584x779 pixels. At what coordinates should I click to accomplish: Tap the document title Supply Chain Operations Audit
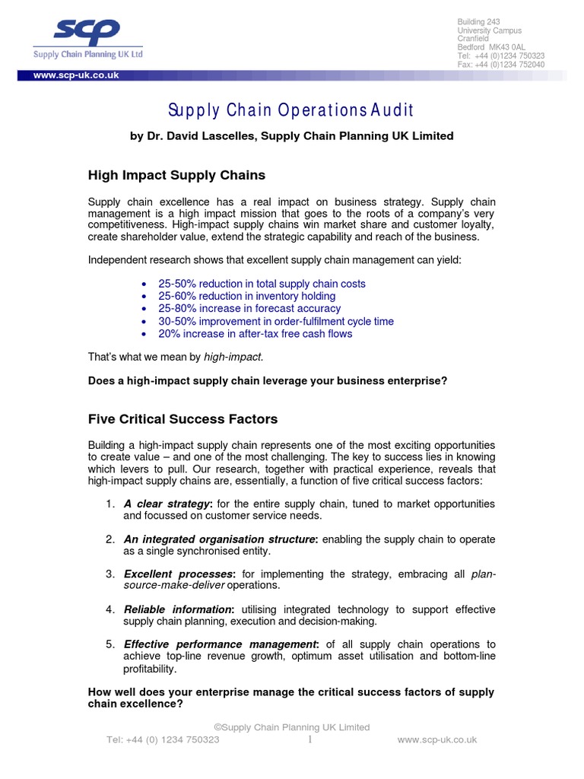292,110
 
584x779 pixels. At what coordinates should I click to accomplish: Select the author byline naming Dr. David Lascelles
292,136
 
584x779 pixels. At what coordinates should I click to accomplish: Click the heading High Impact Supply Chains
176,175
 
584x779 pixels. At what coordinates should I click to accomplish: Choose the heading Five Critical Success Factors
182,419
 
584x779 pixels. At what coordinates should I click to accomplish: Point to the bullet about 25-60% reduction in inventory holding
246,296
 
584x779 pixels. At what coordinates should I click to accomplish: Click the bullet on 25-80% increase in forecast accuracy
249,309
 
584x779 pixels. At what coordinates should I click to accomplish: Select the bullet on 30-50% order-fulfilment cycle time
275,321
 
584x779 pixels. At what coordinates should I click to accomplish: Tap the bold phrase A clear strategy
167,504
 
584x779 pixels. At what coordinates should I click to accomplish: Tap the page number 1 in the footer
311,739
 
